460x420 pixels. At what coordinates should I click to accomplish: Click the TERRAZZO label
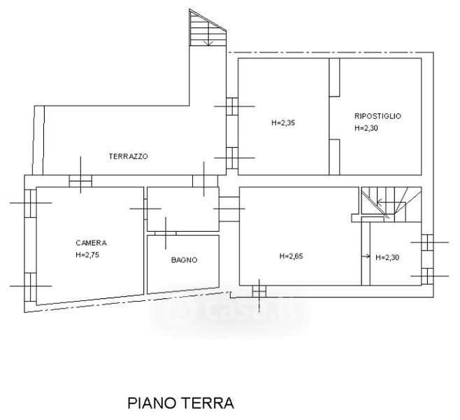pyautogui.click(x=128, y=156)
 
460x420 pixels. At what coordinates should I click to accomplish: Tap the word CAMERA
pyautogui.click(x=91, y=243)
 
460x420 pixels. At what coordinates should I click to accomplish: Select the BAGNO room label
pyautogui.click(x=185, y=260)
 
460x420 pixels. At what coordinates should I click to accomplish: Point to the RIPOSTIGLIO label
pyautogui.click(x=378, y=116)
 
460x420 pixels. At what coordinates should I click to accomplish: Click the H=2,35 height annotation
pyautogui.click(x=283, y=122)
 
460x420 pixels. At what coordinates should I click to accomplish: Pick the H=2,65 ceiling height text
pyautogui.click(x=291, y=256)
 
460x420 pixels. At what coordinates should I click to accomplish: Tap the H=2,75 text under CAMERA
pyautogui.click(x=87, y=255)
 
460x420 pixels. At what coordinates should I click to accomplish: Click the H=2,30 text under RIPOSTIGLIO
pyautogui.click(x=366, y=128)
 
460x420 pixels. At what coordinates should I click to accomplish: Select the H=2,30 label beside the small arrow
pyautogui.click(x=387, y=258)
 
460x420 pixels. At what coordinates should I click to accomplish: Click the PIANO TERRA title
pyautogui.click(x=180, y=403)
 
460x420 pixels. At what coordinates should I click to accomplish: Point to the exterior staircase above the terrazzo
pyautogui.click(x=208, y=27)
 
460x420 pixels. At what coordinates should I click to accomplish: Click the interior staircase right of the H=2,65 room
pyautogui.click(x=391, y=204)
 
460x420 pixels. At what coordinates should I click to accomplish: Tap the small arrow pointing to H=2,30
pyautogui.click(x=366, y=256)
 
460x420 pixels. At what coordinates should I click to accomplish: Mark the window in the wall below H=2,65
pyautogui.click(x=259, y=291)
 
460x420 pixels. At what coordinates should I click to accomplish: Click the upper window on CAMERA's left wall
pyautogui.click(x=30, y=203)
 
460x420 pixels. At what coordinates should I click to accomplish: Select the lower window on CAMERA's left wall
pyautogui.click(x=30, y=287)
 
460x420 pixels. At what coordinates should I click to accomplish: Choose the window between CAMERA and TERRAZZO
pyautogui.click(x=80, y=181)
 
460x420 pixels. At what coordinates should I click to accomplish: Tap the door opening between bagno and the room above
pyautogui.click(x=166, y=233)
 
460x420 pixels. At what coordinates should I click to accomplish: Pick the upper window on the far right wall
pyautogui.click(x=427, y=242)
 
